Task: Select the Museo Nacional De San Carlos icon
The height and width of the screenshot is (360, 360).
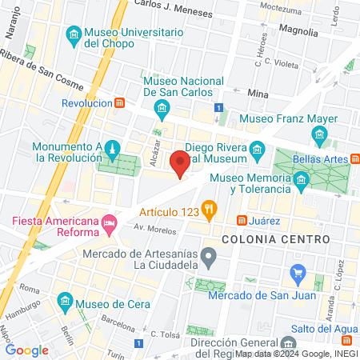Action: (162, 108)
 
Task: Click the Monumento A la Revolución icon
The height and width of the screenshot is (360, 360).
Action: (114, 149)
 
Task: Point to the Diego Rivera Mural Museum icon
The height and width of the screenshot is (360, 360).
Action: (257, 149)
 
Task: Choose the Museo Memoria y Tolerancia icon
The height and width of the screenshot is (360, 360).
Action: (302, 182)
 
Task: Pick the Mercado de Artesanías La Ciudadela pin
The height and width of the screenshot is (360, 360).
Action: (209, 258)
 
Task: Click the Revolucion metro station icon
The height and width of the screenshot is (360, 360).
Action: (119, 103)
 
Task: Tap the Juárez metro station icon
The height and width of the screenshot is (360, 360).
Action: (241, 221)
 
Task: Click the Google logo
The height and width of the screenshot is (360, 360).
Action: (27, 349)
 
